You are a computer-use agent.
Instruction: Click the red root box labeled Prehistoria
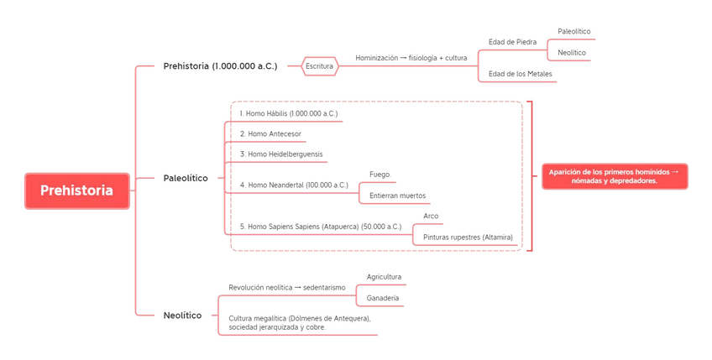click(76, 190)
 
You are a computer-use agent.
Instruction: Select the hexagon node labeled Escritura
click(319, 66)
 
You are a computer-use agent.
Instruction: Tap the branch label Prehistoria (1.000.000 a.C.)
click(220, 66)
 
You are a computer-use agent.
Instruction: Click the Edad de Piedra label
click(512, 42)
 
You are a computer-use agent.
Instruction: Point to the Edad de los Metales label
click(521, 74)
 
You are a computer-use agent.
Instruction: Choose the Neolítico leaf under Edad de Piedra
click(572, 53)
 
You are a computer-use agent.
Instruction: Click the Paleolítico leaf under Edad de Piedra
click(573, 32)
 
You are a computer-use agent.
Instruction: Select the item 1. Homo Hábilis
click(288, 113)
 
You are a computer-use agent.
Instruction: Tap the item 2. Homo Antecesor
click(270, 134)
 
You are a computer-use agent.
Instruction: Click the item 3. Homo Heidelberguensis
click(281, 154)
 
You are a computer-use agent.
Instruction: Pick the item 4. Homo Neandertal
click(294, 185)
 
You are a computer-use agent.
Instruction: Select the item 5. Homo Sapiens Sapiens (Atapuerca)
click(321, 227)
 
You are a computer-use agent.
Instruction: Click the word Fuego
click(380, 175)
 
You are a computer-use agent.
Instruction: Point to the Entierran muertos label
click(397, 196)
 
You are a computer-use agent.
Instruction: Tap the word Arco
click(431, 217)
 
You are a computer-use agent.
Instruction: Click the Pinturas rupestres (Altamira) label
click(468, 237)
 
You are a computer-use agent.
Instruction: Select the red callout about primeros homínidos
click(615, 176)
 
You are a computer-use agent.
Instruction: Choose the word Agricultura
click(384, 277)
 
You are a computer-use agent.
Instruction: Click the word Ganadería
click(383, 298)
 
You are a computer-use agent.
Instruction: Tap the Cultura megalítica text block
click(299, 323)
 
